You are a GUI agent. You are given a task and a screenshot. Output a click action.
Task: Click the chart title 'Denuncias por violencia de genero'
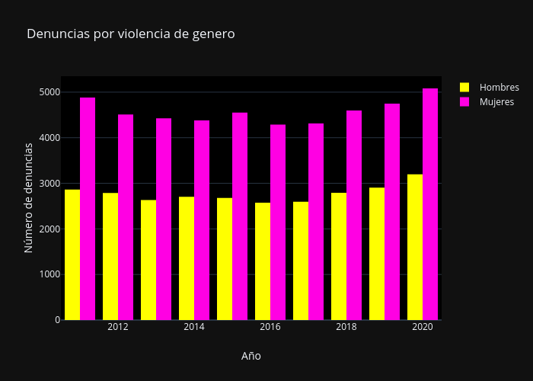coord(130,34)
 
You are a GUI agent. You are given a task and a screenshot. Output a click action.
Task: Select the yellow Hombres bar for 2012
coord(110,256)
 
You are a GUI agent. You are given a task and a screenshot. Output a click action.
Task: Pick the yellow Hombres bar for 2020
coord(415,247)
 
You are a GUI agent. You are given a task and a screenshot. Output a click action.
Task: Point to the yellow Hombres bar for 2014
coord(187,258)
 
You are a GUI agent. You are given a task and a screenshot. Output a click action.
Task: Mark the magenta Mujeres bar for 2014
coord(202,220)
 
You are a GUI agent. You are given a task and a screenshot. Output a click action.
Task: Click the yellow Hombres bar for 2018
coord(339,256)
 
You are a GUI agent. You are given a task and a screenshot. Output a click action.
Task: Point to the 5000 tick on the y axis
coord(50,92)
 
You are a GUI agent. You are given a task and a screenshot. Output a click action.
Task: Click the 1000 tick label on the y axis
coord(50,274)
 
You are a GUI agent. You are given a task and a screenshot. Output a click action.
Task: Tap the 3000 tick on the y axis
coord(50,184)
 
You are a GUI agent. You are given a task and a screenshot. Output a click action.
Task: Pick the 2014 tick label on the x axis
coord(194,327)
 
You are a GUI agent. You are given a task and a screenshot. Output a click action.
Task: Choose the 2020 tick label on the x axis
coord(423,327)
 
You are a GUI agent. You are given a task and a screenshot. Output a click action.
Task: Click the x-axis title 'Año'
coord(251,356)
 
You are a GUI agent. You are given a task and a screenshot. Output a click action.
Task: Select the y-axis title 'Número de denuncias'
coord(29,197)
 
